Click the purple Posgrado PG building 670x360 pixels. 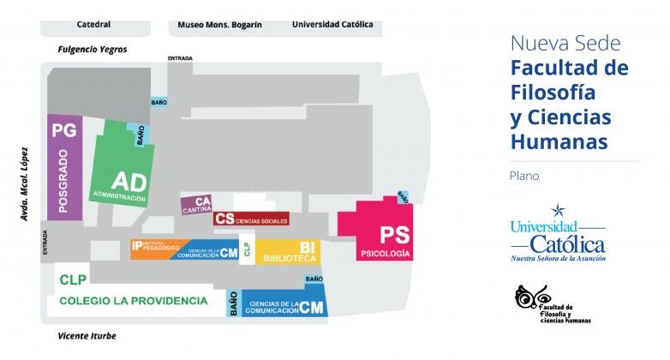[x=64, y=167]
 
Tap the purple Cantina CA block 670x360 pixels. [x=196, y=206]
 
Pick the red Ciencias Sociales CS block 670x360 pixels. [x=250, y=219]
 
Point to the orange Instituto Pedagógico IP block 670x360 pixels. [x=158, y=249]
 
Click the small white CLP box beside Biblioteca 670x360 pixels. [x=247, y=251]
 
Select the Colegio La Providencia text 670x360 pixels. [x=133, y=301]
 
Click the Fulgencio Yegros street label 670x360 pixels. [x=92, y=50]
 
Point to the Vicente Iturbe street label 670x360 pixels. [x=87, y=336]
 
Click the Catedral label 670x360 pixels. [x=93, y=25]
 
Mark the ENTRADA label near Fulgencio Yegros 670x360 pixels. [x=180, y=58]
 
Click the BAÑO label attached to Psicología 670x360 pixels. [x=402, y=197]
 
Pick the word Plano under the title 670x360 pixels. [x=523, y=176]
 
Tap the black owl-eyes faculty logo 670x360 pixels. [x=527, y=297]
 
